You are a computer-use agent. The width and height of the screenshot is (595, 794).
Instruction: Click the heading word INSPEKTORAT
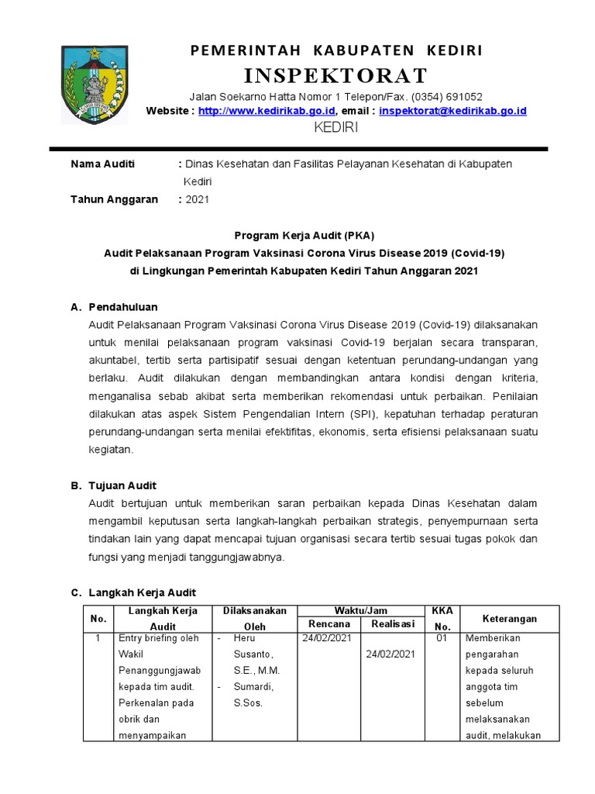click(336, 75)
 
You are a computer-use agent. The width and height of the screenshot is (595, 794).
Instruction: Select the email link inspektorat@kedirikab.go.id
click(452, 111)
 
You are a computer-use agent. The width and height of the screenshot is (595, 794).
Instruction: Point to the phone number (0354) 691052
click(447, 97)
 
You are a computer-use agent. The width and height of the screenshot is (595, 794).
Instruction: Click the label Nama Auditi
click(102, 164)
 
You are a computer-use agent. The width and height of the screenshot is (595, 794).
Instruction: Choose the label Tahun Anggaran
click(114, 199)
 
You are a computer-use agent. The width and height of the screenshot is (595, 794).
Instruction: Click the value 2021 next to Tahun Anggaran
click(197, 199)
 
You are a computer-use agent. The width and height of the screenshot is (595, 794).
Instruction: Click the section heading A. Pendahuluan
click(114, 307)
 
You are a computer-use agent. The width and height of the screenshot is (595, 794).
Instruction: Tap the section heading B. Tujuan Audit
click(114, 485)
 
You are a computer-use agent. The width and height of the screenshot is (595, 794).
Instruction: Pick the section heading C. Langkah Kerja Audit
click(133, 593)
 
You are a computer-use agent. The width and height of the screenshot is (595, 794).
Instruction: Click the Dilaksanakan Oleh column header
click(254, 618)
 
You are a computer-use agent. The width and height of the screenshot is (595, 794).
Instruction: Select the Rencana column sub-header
click(329, 624)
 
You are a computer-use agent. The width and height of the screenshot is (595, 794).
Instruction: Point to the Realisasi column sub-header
click(392, 624)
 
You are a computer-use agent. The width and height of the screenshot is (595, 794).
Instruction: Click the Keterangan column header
click(509, 619)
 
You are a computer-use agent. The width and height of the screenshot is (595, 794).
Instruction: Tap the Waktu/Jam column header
click(360, 611)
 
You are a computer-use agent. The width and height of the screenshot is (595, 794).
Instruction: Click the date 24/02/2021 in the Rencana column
click(327, 638)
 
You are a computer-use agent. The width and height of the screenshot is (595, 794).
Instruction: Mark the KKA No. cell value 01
click(442, 638)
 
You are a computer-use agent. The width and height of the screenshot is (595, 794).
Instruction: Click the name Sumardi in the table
click(249, 687)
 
